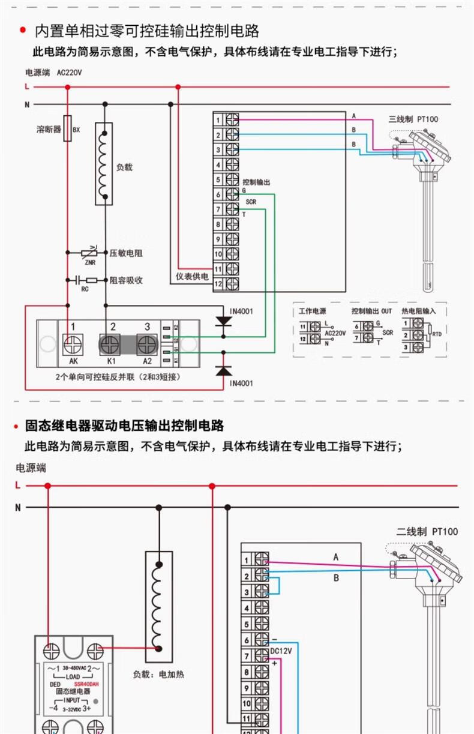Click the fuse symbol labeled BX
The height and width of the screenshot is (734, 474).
[x=67, y=128]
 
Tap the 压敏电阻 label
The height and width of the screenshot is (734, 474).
[x=126, y=253]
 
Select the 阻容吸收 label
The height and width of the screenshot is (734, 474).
[x=126, y=280]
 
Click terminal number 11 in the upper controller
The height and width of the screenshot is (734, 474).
[x=218, y=268]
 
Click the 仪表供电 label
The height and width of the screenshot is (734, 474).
[x=191, y=277]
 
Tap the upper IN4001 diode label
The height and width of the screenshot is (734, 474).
[x=242, y=311]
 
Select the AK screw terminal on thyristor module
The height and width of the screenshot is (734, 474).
[x=74, y=344]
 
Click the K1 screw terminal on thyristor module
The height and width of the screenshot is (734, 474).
[x=111, y=344]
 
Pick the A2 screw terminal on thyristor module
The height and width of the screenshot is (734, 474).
[x=147, y=344]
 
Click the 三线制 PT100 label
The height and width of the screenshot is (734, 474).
[x=413, y=119]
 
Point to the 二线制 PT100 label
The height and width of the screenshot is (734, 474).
[x=427, y=531]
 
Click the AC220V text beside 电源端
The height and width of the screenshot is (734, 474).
[x=69, y=73]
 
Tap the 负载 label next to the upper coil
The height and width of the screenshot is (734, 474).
[x=124, y=167]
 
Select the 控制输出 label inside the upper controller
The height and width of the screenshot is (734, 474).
[x=256, y=182]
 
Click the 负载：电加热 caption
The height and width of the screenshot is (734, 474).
[x=157, y=674]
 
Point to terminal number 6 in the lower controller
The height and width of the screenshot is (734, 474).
[x=247, y=640]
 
